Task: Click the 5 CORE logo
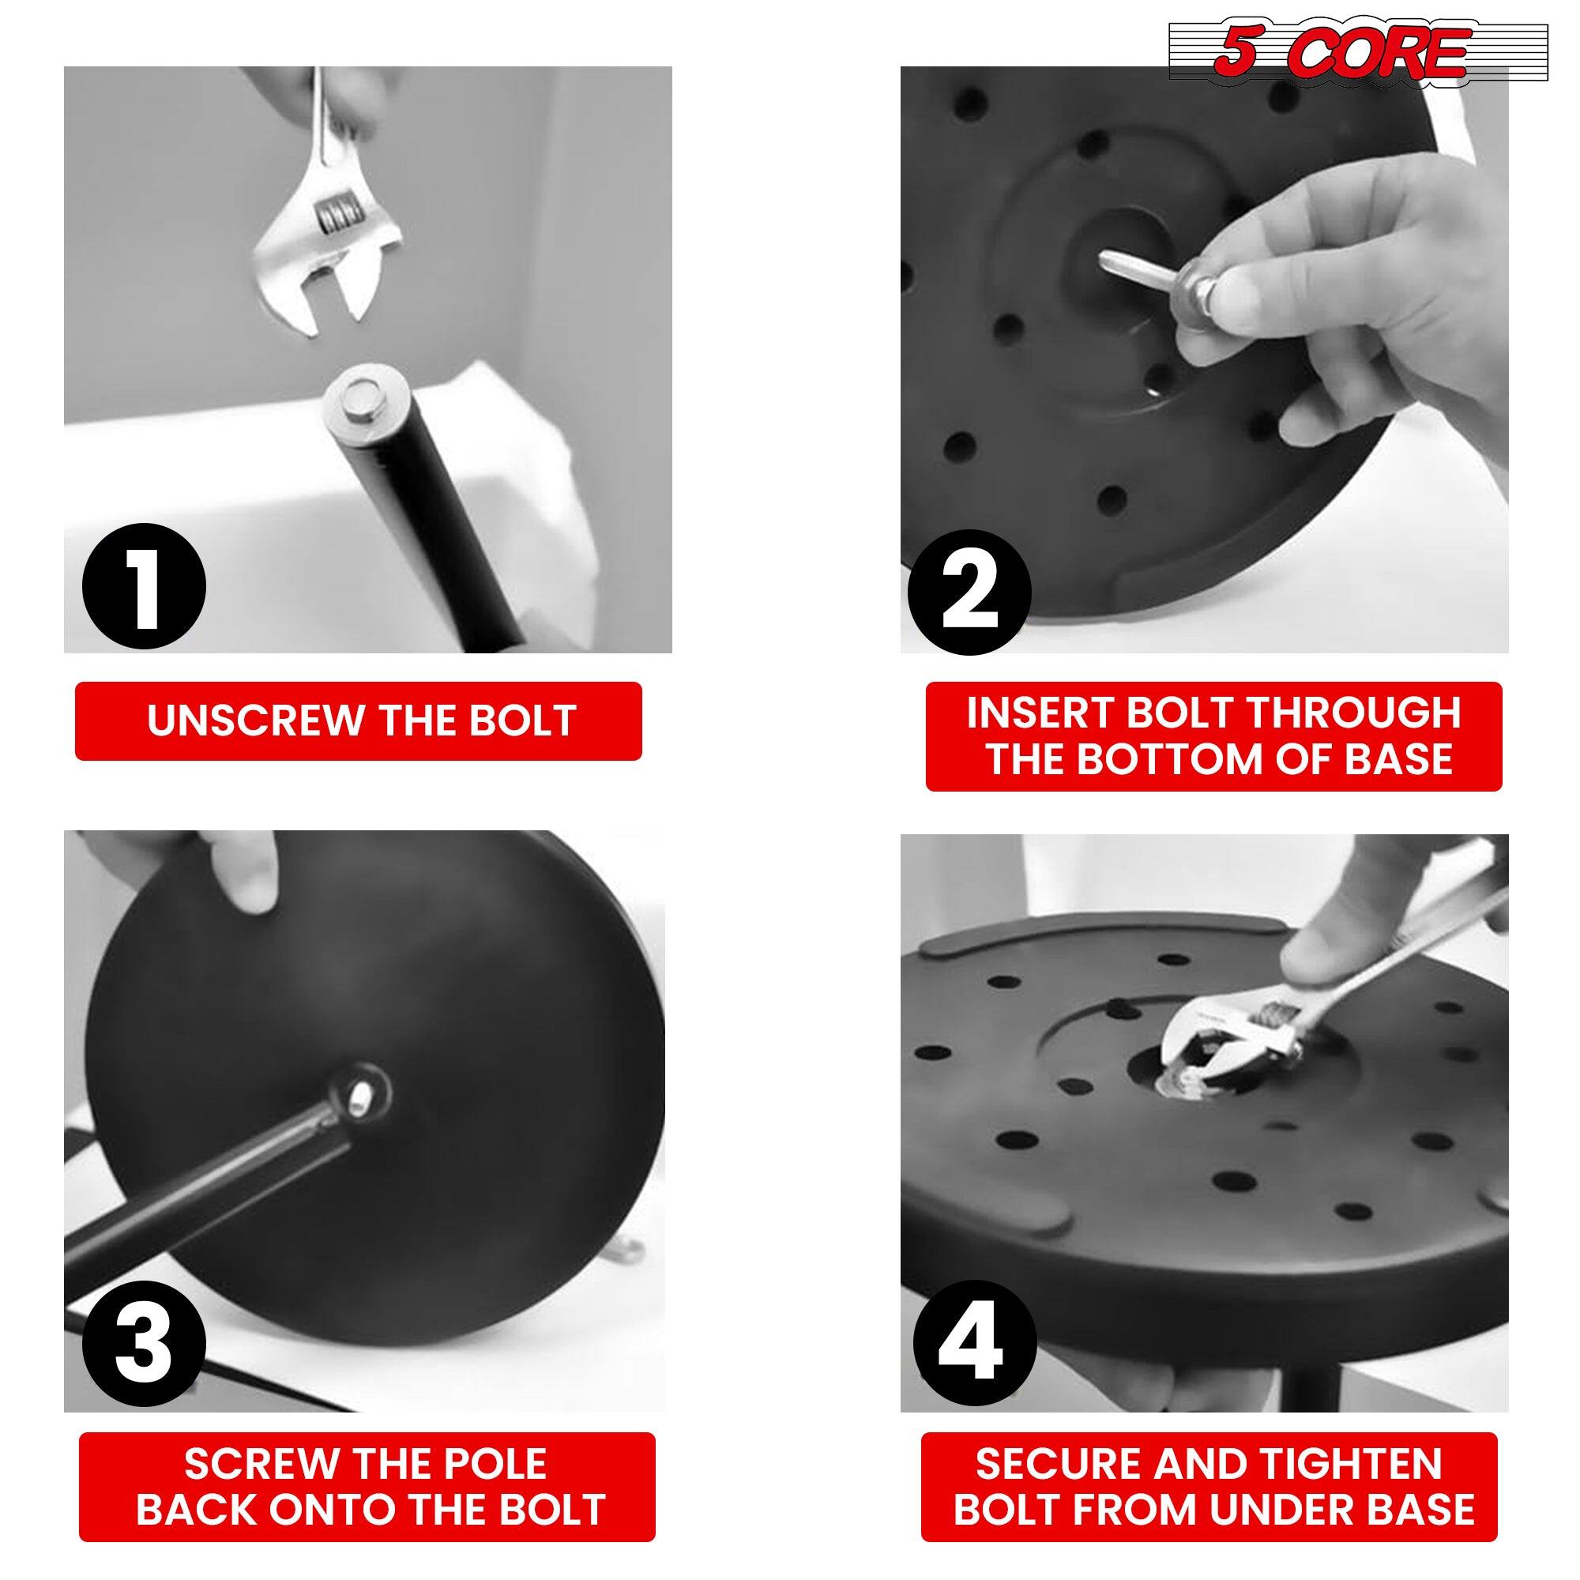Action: pyautogui.click(x=1357, y=52)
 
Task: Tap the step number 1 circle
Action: pyautogui.click(x=145, y=586)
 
